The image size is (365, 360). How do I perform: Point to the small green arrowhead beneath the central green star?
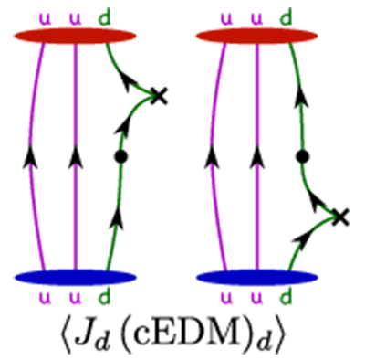[119, 140]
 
